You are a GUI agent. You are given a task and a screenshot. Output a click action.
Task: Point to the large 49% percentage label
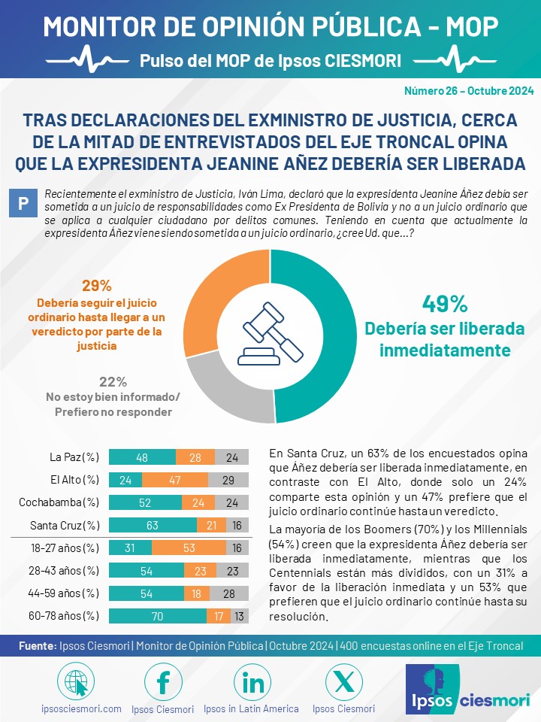(445, 304)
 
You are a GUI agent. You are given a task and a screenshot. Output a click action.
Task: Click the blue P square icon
(23, 202)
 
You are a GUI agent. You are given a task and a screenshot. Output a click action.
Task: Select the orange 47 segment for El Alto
(175, 480)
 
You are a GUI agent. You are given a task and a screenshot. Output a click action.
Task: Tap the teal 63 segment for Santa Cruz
(153, 525)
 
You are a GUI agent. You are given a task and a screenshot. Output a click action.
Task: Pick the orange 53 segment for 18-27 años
(189, 548)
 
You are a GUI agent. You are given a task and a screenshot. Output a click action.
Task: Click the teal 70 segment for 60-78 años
(158, 616)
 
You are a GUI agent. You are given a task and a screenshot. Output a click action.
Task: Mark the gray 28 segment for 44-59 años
(229, 593)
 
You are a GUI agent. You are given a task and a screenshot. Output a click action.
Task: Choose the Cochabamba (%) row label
(59, 502)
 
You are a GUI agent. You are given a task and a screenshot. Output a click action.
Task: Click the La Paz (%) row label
(74, 457)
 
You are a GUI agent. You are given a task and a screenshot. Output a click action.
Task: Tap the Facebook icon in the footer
(163, 682)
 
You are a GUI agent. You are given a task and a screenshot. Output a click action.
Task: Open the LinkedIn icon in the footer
(252, 682)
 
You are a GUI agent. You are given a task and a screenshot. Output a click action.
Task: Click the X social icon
(343, 682)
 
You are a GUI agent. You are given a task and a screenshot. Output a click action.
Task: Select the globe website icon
(76, 682)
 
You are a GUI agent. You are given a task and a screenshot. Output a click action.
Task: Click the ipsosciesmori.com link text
(81, 708)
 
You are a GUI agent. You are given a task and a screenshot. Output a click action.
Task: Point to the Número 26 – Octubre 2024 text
(469, 91)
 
